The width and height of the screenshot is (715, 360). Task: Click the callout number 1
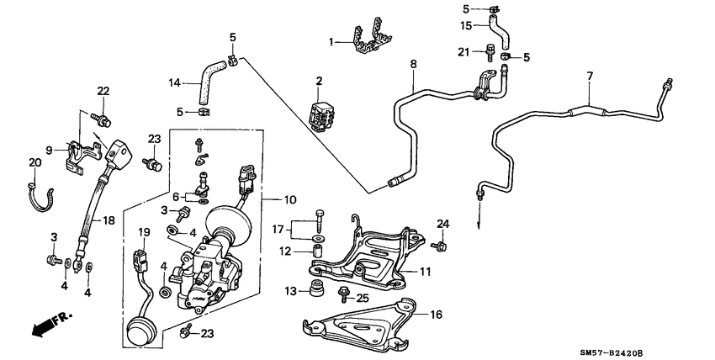point(331,40)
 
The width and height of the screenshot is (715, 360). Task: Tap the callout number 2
point(319,81)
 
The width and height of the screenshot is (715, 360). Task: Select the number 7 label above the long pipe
point(590,77)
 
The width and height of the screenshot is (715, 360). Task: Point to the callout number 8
point(413,63)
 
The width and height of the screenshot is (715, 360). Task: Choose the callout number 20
point(34,162)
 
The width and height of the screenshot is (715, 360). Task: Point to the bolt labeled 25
point(344,294)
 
